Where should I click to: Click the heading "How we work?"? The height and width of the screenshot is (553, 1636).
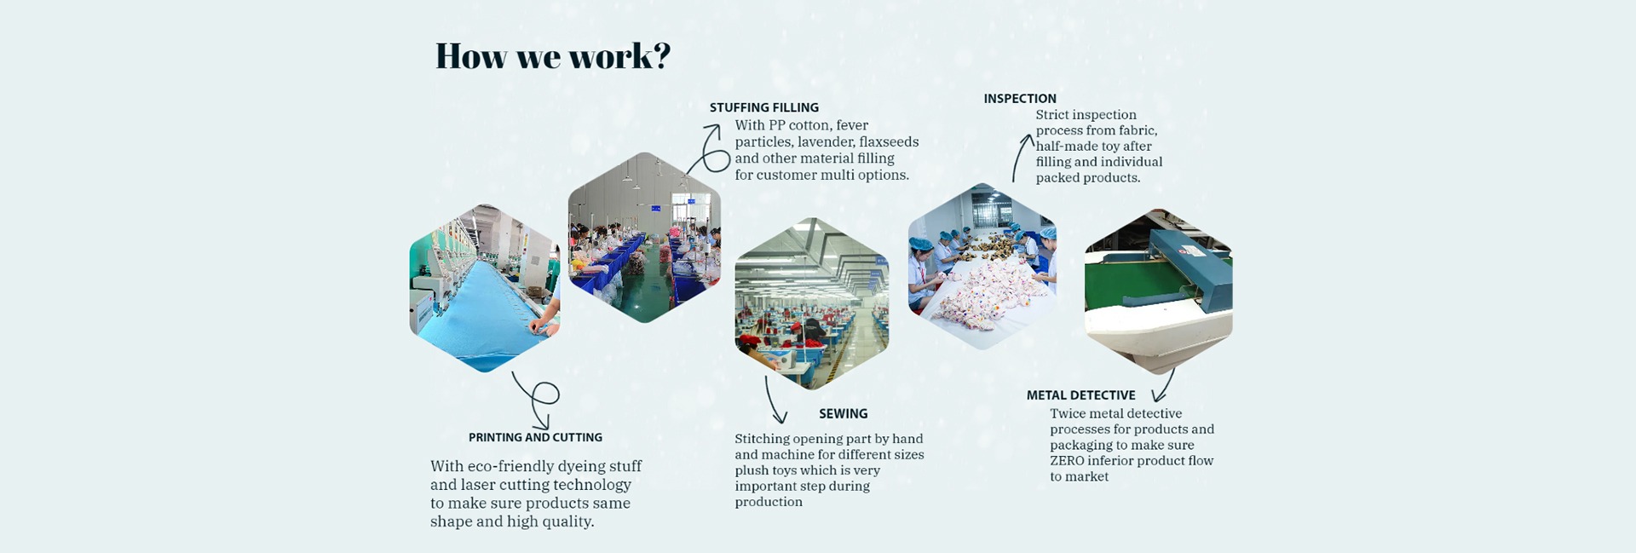click(x=553, y=56)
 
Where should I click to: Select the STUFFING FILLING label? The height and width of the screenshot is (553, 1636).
click(x=764, y=107)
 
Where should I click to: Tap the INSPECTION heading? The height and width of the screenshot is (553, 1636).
click(x=1020, y=99)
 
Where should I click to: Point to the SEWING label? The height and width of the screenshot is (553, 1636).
click(x=844, y=413)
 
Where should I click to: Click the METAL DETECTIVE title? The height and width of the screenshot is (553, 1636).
click(x=1080, y=395)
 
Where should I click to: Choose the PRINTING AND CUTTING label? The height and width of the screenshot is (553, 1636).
click(x=535, y=437)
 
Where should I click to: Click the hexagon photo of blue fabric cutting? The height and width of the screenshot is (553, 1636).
click(x=485, y=288)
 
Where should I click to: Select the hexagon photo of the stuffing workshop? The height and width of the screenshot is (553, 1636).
click(x=644, y=238)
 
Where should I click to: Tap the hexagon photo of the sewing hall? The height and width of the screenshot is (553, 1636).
click(x=811, y=303)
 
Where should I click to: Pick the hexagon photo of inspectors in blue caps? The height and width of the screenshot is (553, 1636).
click(x=982, y=267)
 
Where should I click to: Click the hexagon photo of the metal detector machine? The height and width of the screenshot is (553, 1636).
click(x=1158, y=291)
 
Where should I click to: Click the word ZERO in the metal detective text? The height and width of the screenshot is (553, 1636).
click(x=1067, y=461)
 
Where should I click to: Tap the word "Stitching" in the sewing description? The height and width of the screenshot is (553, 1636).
click(x=763, y=440)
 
